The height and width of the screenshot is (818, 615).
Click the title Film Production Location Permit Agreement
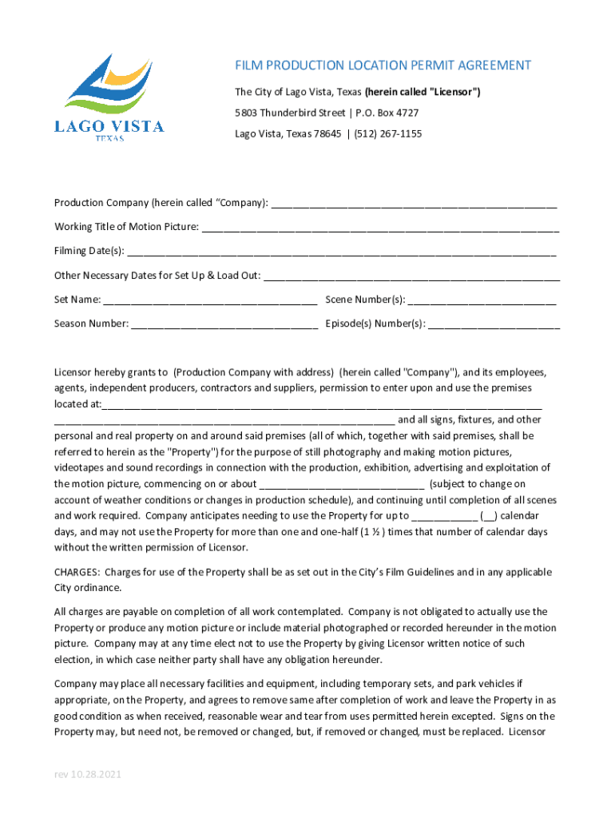[x=383, y=66]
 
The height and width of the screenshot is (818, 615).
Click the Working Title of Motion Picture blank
[x=380, y=228]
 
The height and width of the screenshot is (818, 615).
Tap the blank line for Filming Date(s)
[x=341, y=252]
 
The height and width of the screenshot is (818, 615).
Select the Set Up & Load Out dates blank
[x=411, y=276]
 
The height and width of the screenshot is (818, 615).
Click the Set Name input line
[x=210, y=300]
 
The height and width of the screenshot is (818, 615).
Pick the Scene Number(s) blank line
[x=482, y=300]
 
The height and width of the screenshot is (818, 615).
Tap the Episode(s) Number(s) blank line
[x=494, y=324]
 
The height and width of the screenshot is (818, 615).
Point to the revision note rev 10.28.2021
[x=88, y=776]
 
